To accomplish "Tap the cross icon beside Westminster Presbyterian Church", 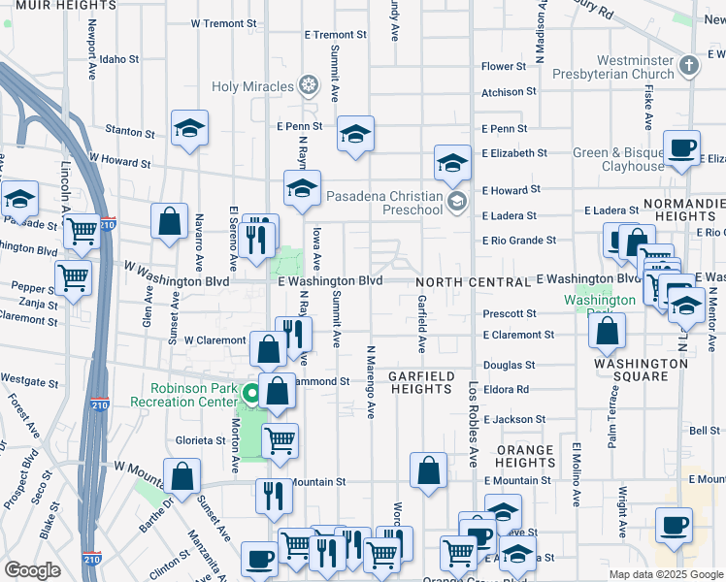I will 689,66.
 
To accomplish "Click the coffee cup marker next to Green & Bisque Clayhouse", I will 681,148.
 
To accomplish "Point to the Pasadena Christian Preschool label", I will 385,196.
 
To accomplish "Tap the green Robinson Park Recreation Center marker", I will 250,394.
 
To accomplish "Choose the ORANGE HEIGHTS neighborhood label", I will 525,456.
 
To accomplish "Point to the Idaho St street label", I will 119,59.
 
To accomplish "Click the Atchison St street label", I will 510,93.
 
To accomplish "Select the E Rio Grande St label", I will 519,241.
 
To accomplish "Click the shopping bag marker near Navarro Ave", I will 169,221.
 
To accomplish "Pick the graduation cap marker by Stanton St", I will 190,129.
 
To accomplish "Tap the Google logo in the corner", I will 33,570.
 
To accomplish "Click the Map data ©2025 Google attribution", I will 665,574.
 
